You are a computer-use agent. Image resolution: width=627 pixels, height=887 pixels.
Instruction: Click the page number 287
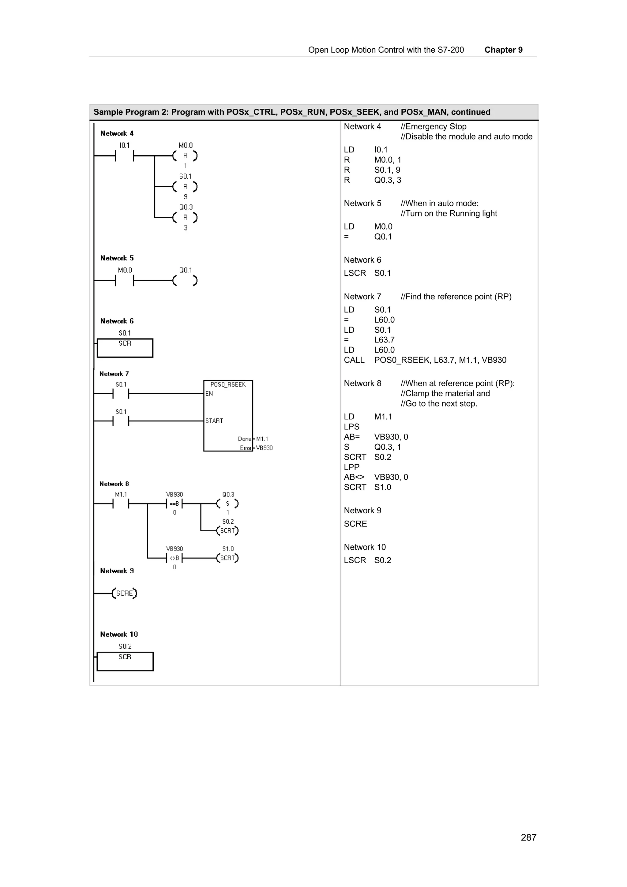tap(528, 837)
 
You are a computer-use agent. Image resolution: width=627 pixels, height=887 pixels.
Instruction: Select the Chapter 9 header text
tap(503, 50)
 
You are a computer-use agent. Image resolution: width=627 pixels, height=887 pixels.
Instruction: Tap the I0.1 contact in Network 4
tap(124, 156)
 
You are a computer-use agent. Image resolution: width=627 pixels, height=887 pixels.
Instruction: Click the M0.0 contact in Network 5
tap(124, 280)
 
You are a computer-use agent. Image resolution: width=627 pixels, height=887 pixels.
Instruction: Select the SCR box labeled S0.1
tap(125, 348)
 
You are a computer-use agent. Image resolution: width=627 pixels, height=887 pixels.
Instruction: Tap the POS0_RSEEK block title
tap(228, 384)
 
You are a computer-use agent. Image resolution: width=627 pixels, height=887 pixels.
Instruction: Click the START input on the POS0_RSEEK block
tap(214, 421)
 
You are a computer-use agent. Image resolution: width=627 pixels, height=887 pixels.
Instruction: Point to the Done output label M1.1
tap(262, 439)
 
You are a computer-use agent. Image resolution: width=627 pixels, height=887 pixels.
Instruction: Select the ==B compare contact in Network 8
tap(174, 503)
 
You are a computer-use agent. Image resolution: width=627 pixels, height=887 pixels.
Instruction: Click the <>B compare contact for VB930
tap(174, 558)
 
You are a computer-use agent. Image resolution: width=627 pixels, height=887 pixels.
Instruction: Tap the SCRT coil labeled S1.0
tap(227, 558)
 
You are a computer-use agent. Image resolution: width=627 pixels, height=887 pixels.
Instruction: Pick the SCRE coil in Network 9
tap(124, 593)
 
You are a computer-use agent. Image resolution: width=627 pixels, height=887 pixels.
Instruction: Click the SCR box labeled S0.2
tap(125, 661)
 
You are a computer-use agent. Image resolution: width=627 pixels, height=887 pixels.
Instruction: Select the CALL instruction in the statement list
tap(354, 360)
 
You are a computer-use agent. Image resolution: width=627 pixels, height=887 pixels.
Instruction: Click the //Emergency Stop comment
tap(434, 126)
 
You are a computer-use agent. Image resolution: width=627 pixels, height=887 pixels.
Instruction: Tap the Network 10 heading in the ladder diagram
tap(118, 634)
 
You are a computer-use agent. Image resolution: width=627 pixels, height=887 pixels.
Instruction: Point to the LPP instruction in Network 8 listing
tap(351, 467)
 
